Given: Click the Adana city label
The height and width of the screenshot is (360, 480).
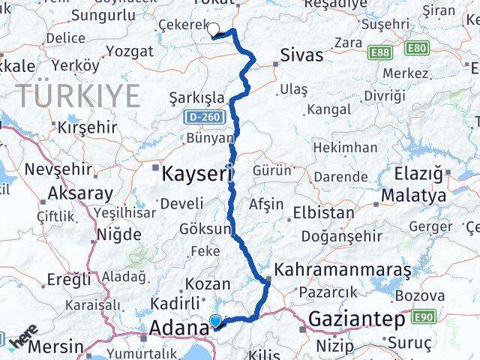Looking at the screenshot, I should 179,327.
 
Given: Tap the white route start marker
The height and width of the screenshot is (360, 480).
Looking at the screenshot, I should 213,30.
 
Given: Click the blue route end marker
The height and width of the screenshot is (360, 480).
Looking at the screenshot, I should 216,322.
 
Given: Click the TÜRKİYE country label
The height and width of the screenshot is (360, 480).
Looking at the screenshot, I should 78,96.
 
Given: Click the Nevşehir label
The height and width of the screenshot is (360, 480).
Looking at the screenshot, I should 52,169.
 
